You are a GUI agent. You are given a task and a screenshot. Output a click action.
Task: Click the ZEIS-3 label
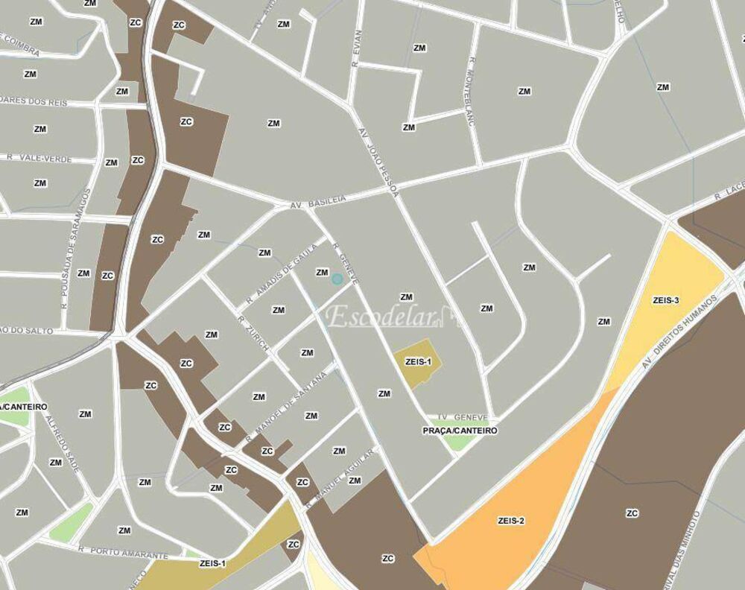pyautogui.click(x=665, y=300)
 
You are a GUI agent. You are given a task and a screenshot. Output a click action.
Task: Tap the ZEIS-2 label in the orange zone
pyautogui.click(x=511, y=521)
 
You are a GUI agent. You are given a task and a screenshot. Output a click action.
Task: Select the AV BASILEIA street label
pyautogui.click(x=319, y=202)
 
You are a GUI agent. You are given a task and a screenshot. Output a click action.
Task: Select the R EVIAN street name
pyautogui.click(x=358, y=48)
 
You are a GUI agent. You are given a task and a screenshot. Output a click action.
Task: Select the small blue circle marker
pyautogui.click(x=337, y=279)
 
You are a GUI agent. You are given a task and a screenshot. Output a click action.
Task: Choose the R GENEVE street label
pyautogui.click(x=346, y=264)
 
